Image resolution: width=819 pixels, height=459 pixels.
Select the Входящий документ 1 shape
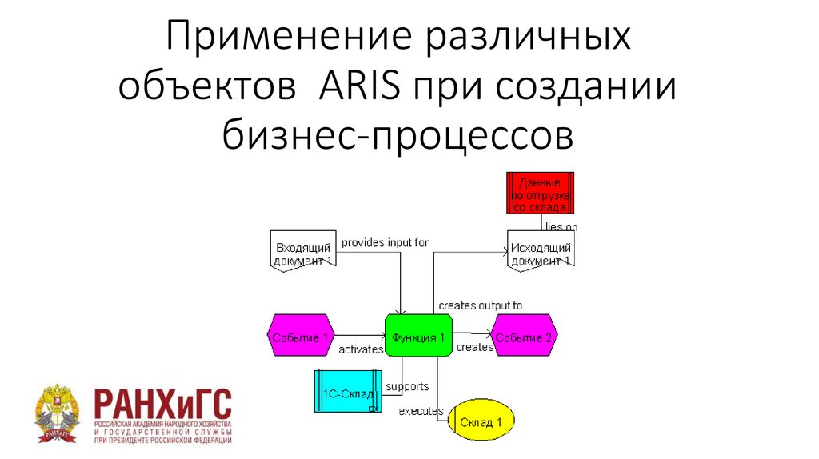302,252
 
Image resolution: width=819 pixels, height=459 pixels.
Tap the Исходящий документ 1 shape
541,252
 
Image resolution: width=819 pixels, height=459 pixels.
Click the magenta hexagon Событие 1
299,338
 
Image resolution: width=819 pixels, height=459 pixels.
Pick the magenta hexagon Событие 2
524,338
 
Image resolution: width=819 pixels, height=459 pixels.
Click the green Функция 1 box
418,337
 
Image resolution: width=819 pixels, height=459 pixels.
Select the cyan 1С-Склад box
347,392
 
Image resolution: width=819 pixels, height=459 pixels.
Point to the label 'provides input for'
385,242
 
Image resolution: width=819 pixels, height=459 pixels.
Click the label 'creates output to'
480,305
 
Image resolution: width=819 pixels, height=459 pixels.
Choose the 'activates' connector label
361,349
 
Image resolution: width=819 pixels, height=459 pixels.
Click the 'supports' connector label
407,387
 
